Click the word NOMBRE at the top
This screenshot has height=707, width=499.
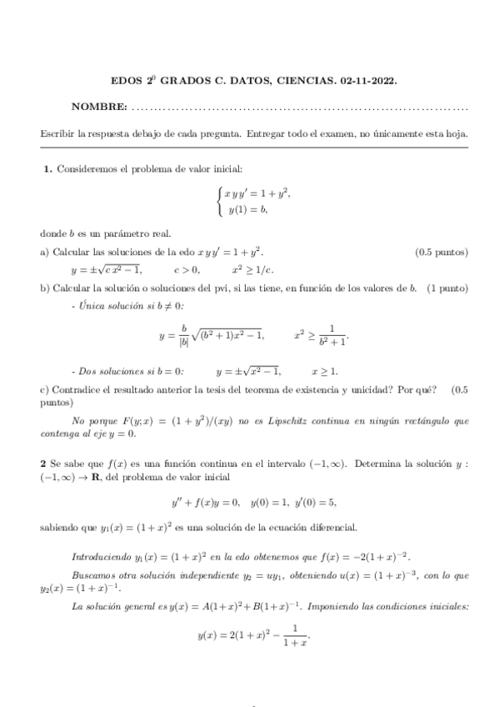coord(98,108)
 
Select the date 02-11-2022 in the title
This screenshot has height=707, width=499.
coord(368,82)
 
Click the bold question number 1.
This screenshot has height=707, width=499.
coord(47,170)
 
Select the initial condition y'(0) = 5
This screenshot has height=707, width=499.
coord(314,502)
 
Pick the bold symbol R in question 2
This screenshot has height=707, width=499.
coord(96,478)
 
